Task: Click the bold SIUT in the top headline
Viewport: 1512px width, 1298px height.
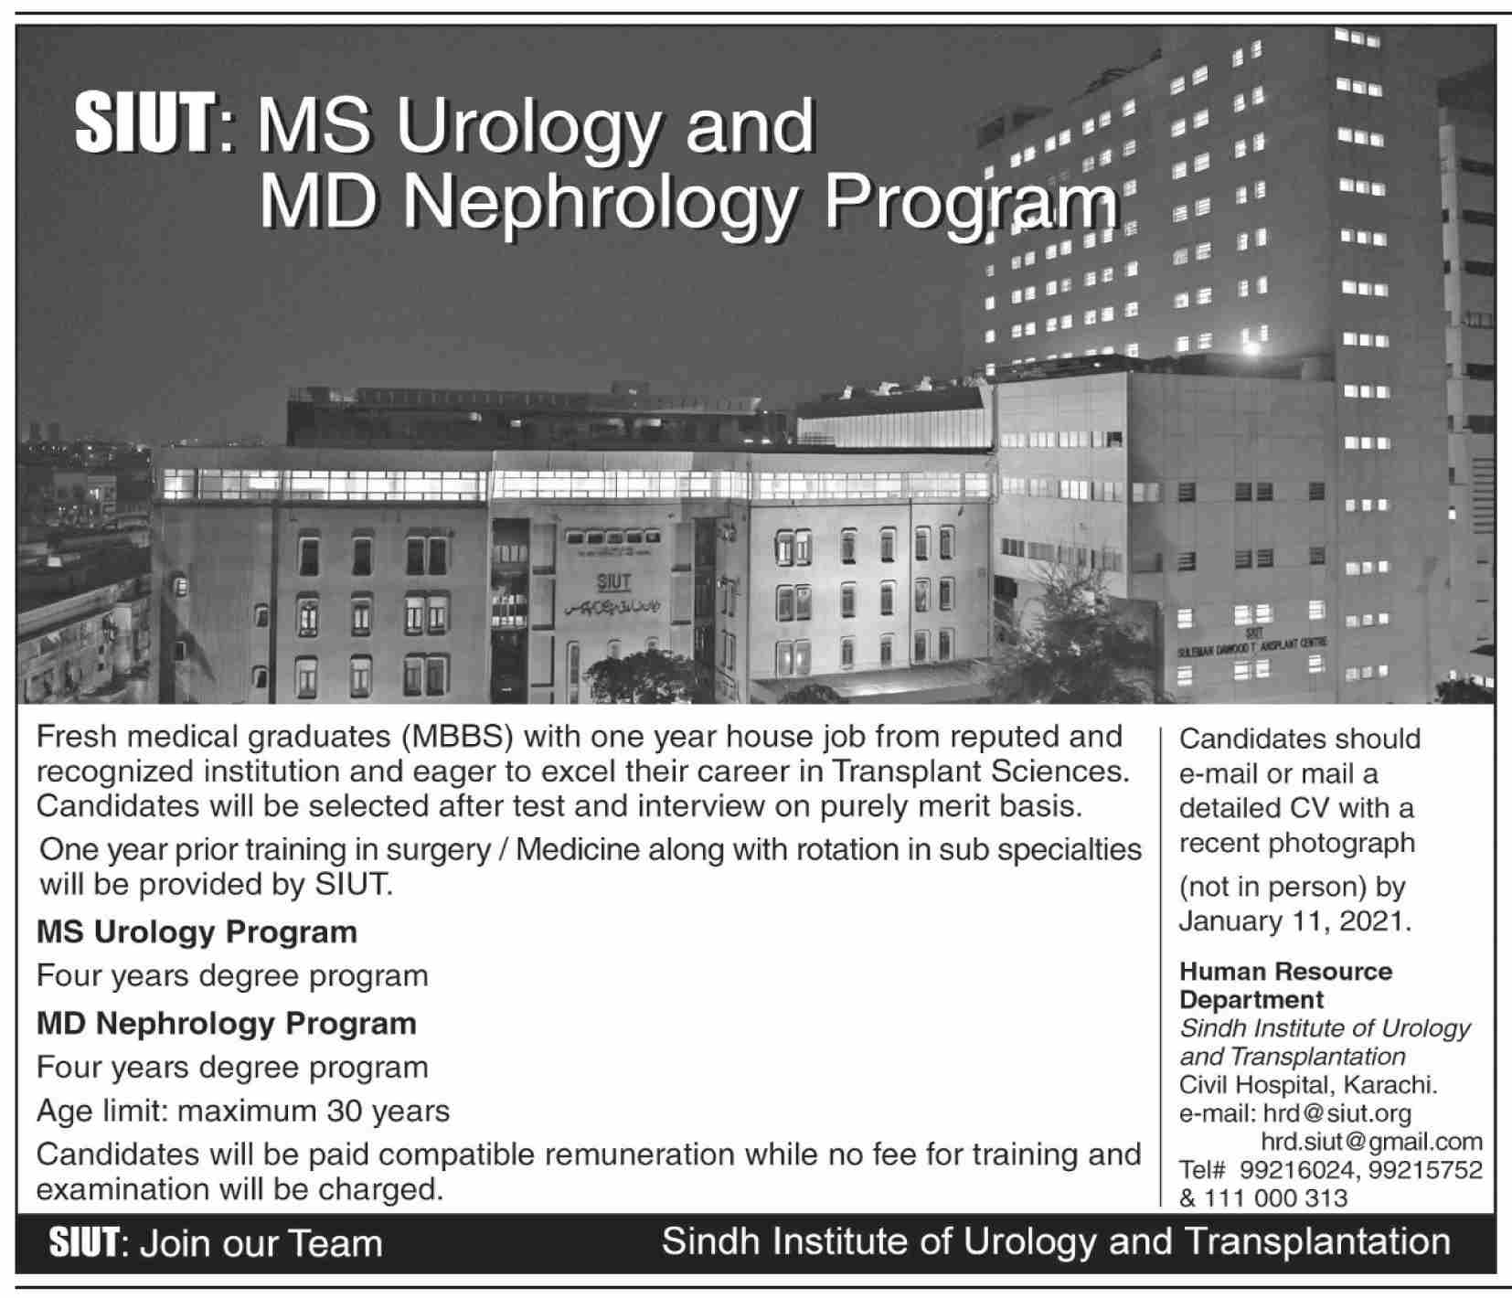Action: coord(144,126)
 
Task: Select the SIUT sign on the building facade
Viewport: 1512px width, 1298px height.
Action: coord(613,582)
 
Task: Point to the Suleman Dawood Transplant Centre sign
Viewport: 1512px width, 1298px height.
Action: coord(1252,643)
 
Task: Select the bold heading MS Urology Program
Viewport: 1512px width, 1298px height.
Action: coord(197,932)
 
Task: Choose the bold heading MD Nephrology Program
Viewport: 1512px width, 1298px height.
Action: coord(226,1024)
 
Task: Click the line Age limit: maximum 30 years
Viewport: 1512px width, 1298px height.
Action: coord(242,1111)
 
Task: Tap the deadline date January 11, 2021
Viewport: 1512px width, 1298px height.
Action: coord(1294,920)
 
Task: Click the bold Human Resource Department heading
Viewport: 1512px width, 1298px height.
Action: coord(1285,984)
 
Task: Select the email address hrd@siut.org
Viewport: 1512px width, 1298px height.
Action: coord(1336,1113)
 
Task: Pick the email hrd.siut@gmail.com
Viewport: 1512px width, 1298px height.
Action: coord(1371,1141)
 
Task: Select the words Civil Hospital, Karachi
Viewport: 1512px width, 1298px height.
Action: coord(1308,1085)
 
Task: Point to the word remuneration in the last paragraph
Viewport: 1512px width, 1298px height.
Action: coord(635,1154)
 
